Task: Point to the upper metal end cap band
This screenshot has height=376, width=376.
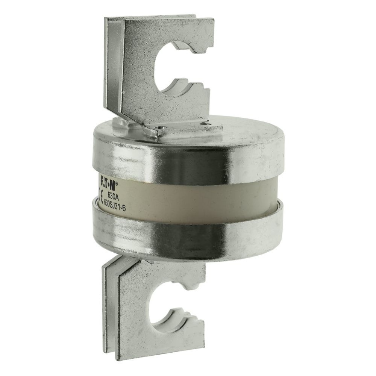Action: point(188,154)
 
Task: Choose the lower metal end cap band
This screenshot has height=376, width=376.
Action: point(188,229)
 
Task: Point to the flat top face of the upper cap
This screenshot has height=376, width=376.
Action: point(233,132)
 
